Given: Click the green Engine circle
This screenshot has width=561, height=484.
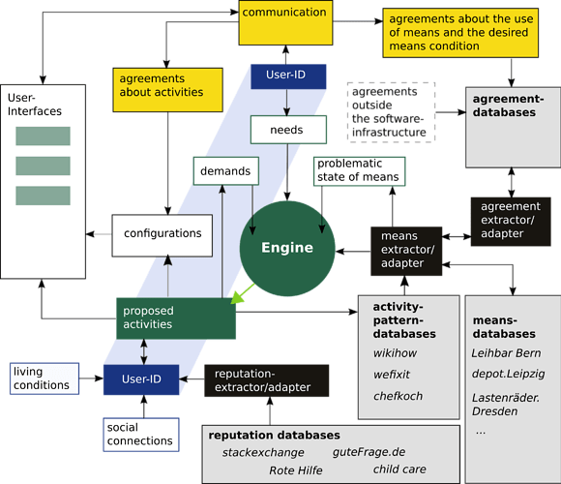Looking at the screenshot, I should (287, 247).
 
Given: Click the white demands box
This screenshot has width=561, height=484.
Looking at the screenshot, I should (226, 171).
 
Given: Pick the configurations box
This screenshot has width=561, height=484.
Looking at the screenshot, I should (162, 234).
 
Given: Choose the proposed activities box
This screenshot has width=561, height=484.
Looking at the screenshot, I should (175, 318).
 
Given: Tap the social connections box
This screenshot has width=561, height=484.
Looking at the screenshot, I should (141, 433).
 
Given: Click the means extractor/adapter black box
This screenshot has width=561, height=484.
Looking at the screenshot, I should (406, 249).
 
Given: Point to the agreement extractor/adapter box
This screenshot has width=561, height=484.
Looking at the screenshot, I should (510, 220).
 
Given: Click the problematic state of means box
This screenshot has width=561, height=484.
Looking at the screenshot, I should (357, 170).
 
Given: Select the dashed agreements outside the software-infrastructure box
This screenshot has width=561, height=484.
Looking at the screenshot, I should (391, 110).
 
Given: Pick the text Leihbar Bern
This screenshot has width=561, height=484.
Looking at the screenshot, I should (505, 353).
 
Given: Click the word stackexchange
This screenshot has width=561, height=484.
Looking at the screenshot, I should (263, 452).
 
